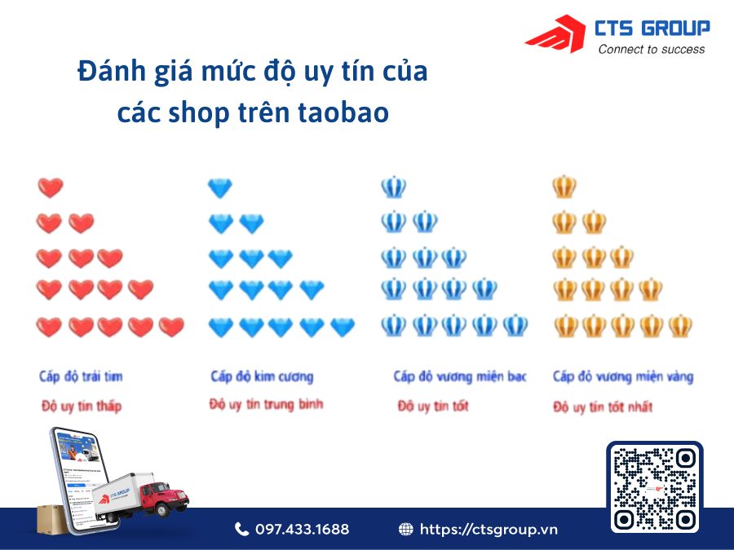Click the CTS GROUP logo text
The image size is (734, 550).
pyautogui.click(x=652, y=29)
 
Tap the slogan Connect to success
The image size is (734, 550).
pyautogui.click(x=652, y=49)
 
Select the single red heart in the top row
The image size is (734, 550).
pyautogui.click(x=51, y=188)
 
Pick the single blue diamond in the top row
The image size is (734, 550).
pyautogui.click(x=220, y=188)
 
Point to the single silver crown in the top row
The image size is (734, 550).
pyautogui.click(x=393, y=188)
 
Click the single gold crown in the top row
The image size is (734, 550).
pyautogui.click(x=564, y=188)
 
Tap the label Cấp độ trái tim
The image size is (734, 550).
pyautogui.click(x=81, y=376)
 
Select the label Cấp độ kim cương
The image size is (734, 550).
pyautogui.click(x=262, y=376)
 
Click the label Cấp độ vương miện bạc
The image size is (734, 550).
pyautogui.click(x=459, y=376)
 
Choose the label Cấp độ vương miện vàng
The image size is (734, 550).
pyautogui.click(x=622, y=376)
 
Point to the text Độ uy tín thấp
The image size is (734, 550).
pyautogui.click(x=81, y=406)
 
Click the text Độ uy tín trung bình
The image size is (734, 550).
pyautogui.click(x=266, y=404)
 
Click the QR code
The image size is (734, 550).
pyautogui.click(x=655, y=487)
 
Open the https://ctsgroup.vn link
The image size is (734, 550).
pyautogui.click(x=489, y=530)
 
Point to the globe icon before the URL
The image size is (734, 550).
pyautogui.click(x=405, y=530)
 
